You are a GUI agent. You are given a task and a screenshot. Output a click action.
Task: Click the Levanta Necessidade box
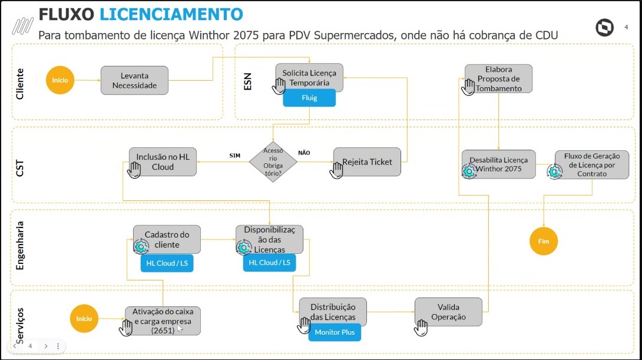pyautogui.click(x=134, y=80)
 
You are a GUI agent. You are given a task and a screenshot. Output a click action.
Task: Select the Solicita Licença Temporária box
pyautogui.click(x=309, y=77)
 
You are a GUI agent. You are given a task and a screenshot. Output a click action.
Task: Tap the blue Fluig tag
pyautogui.click(x=309, y=98)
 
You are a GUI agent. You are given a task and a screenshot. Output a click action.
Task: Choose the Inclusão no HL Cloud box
pyautogui.click(x=163, y=162)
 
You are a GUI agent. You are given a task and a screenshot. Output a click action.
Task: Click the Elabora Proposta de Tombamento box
pyautogui.click(x=498, y=78)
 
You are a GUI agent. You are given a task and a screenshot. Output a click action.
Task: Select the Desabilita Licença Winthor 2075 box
pyautogui.click(x=498, y=164)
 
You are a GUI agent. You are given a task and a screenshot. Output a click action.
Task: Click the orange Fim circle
pyautogui.click(x=543, y=241)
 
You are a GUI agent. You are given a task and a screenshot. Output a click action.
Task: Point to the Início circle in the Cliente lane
pyautogui.click(x=61, y=80)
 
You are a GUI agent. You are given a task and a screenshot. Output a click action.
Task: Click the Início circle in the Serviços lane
pyautogui.click(x=84, y=319)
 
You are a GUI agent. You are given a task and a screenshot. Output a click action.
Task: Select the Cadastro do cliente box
pyautogui.click(x=167, y=239)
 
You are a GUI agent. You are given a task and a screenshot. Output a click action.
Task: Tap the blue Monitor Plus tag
pyautogui.click(x=335, y=332)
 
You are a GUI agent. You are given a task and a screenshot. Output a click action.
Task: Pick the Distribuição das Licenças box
pyautogui.click(x=333, y=312)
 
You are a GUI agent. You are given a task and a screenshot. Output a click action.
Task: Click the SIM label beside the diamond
pyautogui.click(x=235, y=155)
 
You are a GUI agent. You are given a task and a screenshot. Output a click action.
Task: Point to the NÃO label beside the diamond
pyautogui.click(x=304, y=153)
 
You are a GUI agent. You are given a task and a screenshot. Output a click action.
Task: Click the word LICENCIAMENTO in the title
pyautogui.click(x=171, y=14)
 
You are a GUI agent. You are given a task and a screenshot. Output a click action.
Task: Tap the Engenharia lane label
pyautogui.click(x=21, y=246)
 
